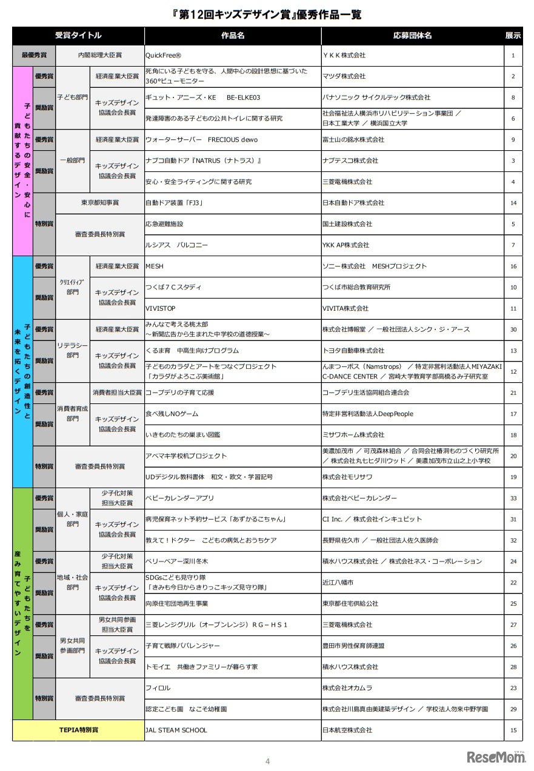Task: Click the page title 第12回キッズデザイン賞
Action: click(x=267, y=14)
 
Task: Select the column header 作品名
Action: click(x=233, y=36)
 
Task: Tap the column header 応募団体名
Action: click(x=412, y=36)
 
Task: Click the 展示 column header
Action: click(x=513, y=36)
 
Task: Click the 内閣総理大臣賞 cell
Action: click(x=100, y=55)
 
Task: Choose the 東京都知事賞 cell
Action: click(x=100, y=202)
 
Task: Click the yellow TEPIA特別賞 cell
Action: click(x=78, y=730)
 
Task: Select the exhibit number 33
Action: click(x=513, y=498)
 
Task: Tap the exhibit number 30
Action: click(x=513, y=329)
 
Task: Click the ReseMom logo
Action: click(x=495, y=758)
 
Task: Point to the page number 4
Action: click(x=267, y=761)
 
